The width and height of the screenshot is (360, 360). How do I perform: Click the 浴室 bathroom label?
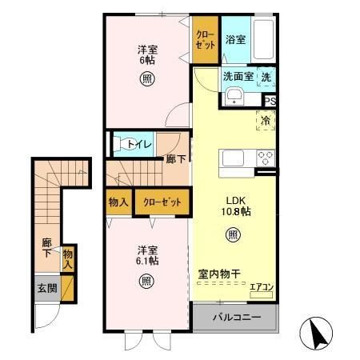(x=234, y=39)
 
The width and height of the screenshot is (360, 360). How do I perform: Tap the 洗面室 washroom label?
(x=238, y=77)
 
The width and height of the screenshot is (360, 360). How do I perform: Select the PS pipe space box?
(x=270, y=101)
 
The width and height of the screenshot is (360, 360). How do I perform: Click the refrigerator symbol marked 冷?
(x=266, y=121)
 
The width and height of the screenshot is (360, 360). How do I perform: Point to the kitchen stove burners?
(x=266, y=158)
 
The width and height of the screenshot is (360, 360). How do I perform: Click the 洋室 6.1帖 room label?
(x=146, y=254)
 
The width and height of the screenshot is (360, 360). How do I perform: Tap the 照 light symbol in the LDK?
(x=231, y=235)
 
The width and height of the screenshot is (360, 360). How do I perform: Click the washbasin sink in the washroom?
(x=234, y=98)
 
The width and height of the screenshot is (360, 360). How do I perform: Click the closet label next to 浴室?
(x=206, y=38)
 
